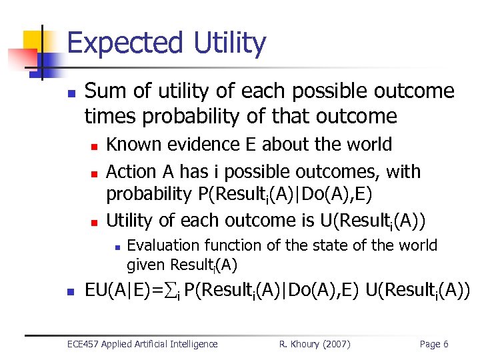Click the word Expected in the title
(x=125, y=44)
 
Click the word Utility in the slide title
(x=227, y=44)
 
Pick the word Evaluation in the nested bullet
(x=163, y=245)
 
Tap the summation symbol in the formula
(x=171, y=291)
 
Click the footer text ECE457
(x=85, y=344)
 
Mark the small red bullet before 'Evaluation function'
(x=117, y=247)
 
